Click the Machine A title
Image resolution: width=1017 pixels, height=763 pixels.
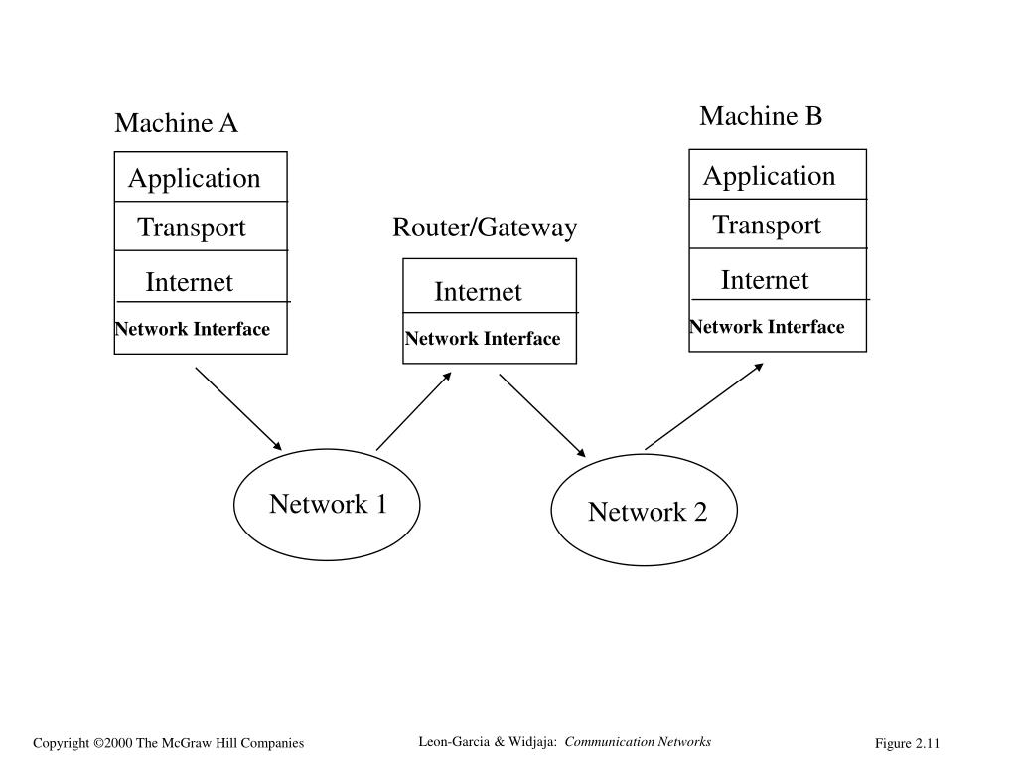pyautogui.click(x=176, y=122)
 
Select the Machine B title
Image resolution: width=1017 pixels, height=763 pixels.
pyautogui.click(x=761, y=116)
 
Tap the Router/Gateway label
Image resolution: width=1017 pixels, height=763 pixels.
pyautogui.click(x=485, y=228)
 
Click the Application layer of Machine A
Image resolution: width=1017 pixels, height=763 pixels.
pyautogui.click(x=201, y=177)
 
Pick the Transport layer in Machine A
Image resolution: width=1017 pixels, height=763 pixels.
pyautogui.click(x=201, y=226)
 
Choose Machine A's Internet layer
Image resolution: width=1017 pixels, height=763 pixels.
pyautogui.click(x=201, y=276)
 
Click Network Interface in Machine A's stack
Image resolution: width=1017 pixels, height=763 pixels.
pyautogui.click(x=201, y=328)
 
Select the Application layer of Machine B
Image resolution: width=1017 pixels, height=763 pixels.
pyautogui.click(x=778, y=175)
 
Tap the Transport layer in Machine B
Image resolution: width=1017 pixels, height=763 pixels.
pyautogui.click(x=778, y=224)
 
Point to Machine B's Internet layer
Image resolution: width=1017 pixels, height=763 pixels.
pyautogui.click(x=778, y=274)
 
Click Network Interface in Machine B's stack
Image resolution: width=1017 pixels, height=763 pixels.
pyautogui.click(x=778, y=326)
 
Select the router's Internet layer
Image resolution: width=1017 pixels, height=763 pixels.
pyautogui.click(x=490, y=286)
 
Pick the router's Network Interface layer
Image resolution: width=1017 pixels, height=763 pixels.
pyautogui.click(x=490, y=338)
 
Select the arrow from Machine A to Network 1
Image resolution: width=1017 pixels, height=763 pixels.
pyautogui.click(x=238, y=408)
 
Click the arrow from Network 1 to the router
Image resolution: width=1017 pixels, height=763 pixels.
pyautogui.click(x=414, y=410)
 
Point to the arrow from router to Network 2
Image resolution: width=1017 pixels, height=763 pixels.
pyautogui.click(x=542, y=415)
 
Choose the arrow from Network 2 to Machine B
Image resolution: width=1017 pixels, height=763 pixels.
pyautogui.click(x=704, y=406)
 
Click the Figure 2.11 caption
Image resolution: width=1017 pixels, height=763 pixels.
pyautogui.click(x=907, y=743)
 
